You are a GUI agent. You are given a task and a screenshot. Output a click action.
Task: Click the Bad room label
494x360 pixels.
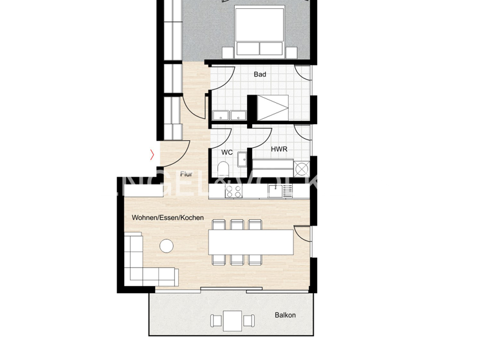[x=260, y=75]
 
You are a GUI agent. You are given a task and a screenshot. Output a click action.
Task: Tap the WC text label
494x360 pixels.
[x=226, y=152]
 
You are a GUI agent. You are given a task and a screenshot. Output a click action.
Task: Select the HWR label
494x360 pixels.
[x=279, y=149]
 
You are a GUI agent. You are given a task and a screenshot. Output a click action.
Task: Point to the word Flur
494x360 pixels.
[x=187, y=174]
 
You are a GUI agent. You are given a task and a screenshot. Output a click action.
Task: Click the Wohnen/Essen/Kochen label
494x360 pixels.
[x=168, y=218]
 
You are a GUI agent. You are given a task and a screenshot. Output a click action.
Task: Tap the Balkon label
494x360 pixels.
[x=285, y=315]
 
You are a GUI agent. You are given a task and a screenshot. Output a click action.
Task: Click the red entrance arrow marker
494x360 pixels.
[x=152, y=154]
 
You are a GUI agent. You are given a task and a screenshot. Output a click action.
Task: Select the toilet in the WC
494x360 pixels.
[x=223, y=169]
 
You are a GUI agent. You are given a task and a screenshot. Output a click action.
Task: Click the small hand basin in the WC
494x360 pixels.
[x=242, y=158]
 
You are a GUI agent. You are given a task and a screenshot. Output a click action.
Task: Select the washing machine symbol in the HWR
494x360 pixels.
[x=301, y=168]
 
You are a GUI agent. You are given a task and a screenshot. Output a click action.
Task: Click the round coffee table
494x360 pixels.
[x=167, y=246]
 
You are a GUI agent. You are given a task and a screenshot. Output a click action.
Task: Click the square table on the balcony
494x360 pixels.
[x=233, y=319]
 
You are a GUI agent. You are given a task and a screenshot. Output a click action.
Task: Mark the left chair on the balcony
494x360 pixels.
[x=215, y=319]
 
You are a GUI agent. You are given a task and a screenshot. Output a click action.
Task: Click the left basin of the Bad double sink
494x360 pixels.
[x=221, y=116]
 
